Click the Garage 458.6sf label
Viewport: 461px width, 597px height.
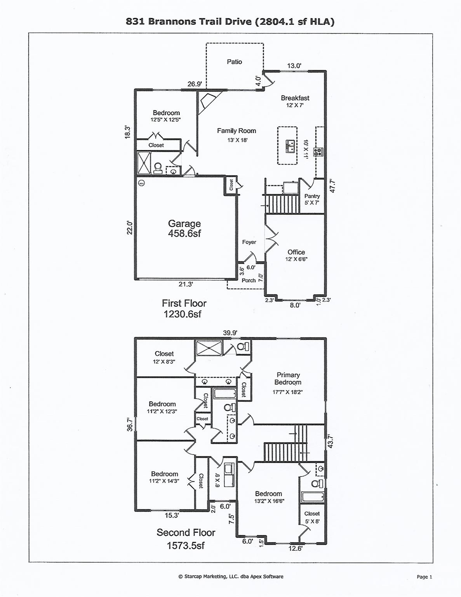coord(184,229)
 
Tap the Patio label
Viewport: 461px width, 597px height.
coord(234,62)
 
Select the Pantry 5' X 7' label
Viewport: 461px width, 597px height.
coord(312,199)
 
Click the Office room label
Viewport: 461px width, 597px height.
coord(296,252)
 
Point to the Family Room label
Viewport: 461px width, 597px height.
coord(236,131)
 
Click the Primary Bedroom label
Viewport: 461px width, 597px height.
coord(288,379)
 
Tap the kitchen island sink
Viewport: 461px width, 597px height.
coord(290,146)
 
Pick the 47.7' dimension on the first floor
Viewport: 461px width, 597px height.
coord(332,186)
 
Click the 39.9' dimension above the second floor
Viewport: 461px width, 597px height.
coord(230,333)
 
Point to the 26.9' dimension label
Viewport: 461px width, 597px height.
coord(194,84)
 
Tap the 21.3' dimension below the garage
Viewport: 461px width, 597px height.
coord(186,285)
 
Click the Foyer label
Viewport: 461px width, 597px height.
coord(249,242)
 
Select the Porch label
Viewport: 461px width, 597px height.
coord(249,280)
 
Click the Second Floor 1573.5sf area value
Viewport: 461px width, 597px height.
coord(186,546)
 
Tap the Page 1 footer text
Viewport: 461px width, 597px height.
coord(424,577)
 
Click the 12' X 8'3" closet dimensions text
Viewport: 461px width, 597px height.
coord(164,361)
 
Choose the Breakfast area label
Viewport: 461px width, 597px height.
coord(295,98)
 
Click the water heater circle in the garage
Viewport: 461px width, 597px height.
coord(141,183)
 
